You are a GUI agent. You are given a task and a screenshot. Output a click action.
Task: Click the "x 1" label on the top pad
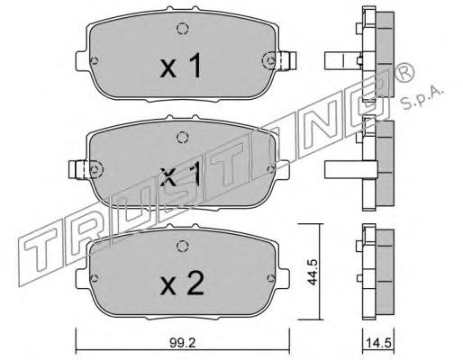pos(180,68)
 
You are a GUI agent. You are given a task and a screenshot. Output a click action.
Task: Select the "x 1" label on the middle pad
pos(180,174)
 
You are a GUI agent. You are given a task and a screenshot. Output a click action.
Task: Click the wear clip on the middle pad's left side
pos(76,167)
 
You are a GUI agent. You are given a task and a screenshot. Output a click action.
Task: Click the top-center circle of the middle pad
pos(181,138)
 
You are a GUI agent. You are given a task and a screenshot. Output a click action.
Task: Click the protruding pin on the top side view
pos(338,61)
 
